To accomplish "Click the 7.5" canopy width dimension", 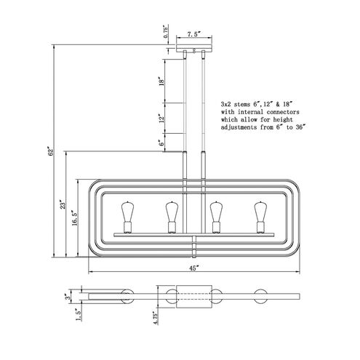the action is pyautogui.click(x=194, y=34).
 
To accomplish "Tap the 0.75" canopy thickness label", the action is pyautogui.click(x=166, y=31).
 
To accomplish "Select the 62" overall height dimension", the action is pyautogui.click(x=50, y=151).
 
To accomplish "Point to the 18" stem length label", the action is pyautogui.click(x=161, y=81).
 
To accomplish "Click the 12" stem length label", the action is pyautogui.click(x=161, y=118).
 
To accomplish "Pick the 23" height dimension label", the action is pyautogui.click(x=63, y=204).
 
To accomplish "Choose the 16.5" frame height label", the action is pyautogui.click(x=74, y=218).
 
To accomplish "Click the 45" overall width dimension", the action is pyautogui.click(x=194, y=268).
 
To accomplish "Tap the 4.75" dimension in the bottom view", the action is pyautogui.click(x=156, y=318).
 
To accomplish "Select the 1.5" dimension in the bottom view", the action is pyautogui.click(x=79, y=315).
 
